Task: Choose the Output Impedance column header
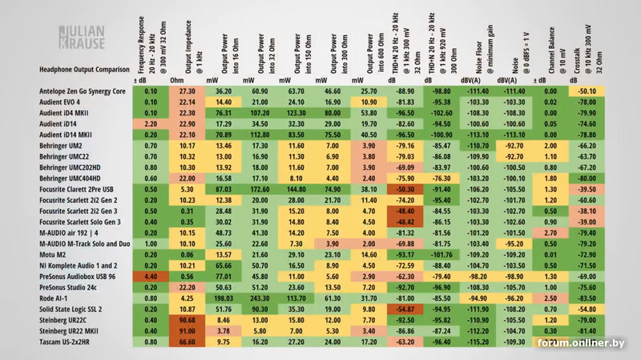[187, 48]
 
